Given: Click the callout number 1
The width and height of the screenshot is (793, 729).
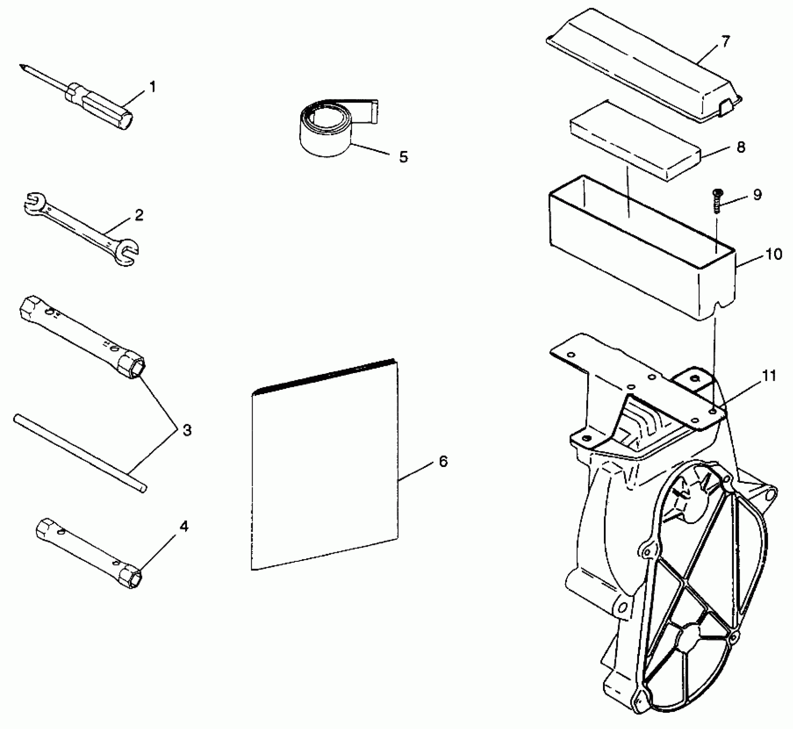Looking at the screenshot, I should pyautogui.click(x=152, y=87).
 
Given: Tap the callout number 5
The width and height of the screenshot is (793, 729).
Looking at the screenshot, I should pyautogui.click(x=403, y=157).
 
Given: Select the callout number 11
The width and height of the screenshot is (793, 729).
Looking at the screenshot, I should pyautogui.click(x=769, y=376).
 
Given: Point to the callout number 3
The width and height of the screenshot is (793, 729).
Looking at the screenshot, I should pyautogui.click(x=187, y=431).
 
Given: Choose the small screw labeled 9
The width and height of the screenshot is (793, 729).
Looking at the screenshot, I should pyautogui.click(x=717, y=200).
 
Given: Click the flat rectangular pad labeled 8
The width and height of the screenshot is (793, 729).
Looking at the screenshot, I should pyautogui.click(x=635, y=140).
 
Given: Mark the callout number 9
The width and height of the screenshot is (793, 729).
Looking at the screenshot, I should pyautogui.click(x=757, y=194).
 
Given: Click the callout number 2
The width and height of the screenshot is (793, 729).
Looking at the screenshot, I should pyautogui.click(x=139, y=215).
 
